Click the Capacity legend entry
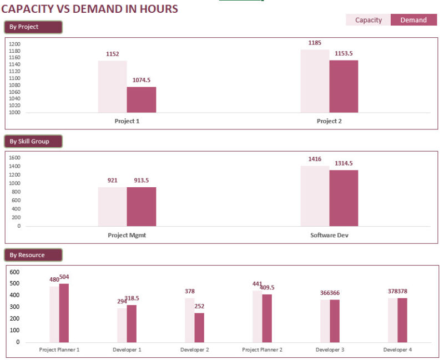(369, 20)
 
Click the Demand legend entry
(413, 20)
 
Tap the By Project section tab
(33, 27)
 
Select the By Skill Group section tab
(33, 141)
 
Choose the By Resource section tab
(33, 255)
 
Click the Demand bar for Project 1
(142, 100)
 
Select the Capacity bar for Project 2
(315, 81)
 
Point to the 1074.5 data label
(141, 80)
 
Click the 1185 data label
(315, 43)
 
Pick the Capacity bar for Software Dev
(315, 196)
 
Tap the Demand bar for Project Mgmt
(142, 206)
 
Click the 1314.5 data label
(344, 163)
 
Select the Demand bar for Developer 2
(199, 327)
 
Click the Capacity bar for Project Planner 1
(54, 314)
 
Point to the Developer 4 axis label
(397, 350)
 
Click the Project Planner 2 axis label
(263, 350)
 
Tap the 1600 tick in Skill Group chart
(15, 158)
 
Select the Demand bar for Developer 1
(132, 323)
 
